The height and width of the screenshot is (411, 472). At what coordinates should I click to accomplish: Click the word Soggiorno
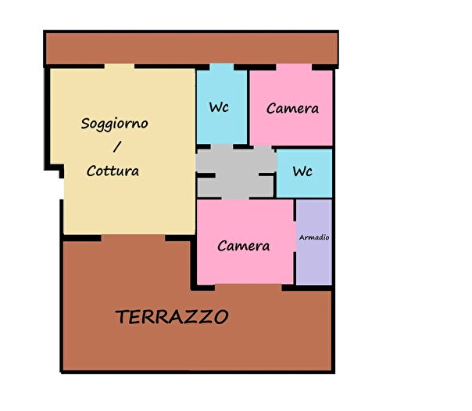coord(115,124)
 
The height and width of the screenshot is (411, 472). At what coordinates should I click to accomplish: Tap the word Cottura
coord(113,171)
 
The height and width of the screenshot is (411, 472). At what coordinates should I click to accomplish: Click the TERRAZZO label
coord(172,317)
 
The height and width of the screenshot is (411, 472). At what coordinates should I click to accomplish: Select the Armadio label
coord(314,237)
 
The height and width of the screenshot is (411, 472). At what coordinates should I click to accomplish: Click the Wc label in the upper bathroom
coord(219,108)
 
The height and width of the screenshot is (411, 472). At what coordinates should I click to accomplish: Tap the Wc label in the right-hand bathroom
coord(303,171)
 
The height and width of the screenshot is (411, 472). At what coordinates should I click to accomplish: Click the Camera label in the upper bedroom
coord(292,109)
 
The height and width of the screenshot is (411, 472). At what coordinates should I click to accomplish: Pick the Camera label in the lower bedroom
coord(244,246)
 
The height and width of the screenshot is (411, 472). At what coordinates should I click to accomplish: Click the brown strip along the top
coord(191,49)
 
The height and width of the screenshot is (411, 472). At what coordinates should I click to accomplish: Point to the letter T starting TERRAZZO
coord(122,317)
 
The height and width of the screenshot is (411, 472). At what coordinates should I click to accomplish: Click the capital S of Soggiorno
coord(86,124)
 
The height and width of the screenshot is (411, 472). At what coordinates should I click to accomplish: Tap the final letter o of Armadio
coord(327,237)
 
